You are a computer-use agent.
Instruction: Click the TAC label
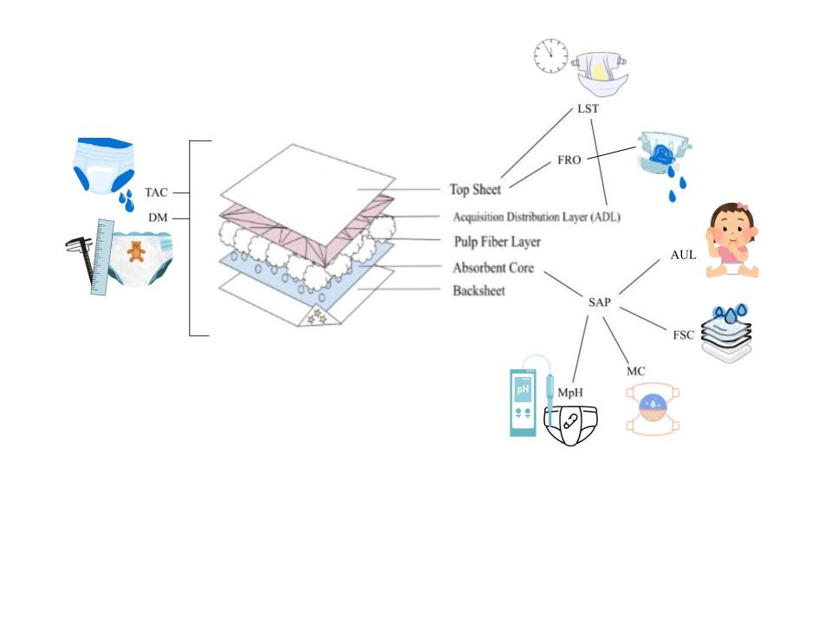[x=156, y=192]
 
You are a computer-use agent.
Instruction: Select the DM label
[x=158, y=218]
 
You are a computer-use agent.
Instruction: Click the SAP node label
[x=599, y=302]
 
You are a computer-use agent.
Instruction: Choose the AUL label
[x=683, y=255]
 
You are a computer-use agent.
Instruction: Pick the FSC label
[x=683, y=335]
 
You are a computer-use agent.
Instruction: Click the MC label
[x=635, y=371]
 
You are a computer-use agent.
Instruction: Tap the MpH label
[x=569, y=392]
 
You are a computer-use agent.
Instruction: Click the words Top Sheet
[x=475, y=189]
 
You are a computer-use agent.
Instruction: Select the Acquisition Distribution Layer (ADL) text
[x=536, y=216]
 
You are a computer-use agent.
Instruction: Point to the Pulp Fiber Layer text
[x=497, y=242]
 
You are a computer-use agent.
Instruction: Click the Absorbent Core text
[x=494, y=268]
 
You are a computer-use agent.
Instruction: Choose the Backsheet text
[x=478, y=291]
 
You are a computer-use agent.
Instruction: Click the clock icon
[x=549, y=56]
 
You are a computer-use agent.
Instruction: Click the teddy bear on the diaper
[x=136, y=252]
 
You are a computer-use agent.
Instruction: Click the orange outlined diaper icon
[x=651, y=409]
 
